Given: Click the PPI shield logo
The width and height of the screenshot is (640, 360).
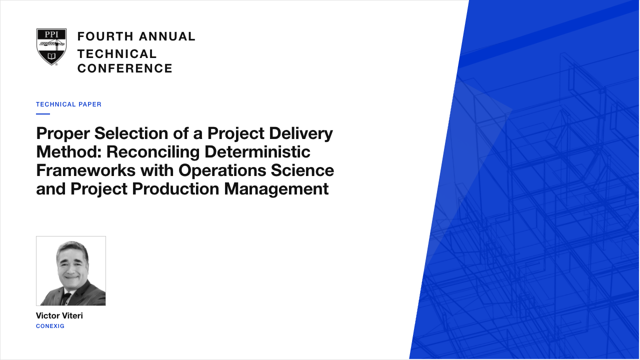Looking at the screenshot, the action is click(x=51, y=47).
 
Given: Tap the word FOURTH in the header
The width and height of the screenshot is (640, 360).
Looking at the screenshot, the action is click(x=105, y=36).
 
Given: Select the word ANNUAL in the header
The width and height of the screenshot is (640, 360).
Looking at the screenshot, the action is click(x=167, y=36).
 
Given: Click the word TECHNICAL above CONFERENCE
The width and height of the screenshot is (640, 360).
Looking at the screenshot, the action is click(x=117, y=54).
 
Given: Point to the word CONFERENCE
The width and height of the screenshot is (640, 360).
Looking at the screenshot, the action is click(x=125, y=68).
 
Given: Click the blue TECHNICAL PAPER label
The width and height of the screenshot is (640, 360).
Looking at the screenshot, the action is click(x=68, y=104).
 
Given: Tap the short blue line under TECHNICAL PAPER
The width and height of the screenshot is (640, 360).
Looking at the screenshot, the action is click(x=43, y=114).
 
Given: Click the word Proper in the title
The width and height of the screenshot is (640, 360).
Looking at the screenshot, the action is click(x=63, y=134).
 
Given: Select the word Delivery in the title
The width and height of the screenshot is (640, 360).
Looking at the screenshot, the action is click(x=301, y=134).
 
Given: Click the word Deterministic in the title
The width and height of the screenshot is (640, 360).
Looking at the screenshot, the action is click(x=257, y=151).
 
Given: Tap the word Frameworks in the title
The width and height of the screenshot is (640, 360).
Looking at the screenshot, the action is click(x=85, y=170).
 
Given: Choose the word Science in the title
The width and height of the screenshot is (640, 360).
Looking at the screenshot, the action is click(x=302, y=170).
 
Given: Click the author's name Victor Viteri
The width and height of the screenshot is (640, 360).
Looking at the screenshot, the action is click(x=59, y=315).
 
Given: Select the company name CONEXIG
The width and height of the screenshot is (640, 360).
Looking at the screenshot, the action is click(x=50, y=326).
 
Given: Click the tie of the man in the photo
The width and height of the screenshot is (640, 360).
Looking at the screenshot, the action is click(x=67, y=298).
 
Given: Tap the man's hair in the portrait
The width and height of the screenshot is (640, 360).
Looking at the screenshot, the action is click(x=72, y=247).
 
